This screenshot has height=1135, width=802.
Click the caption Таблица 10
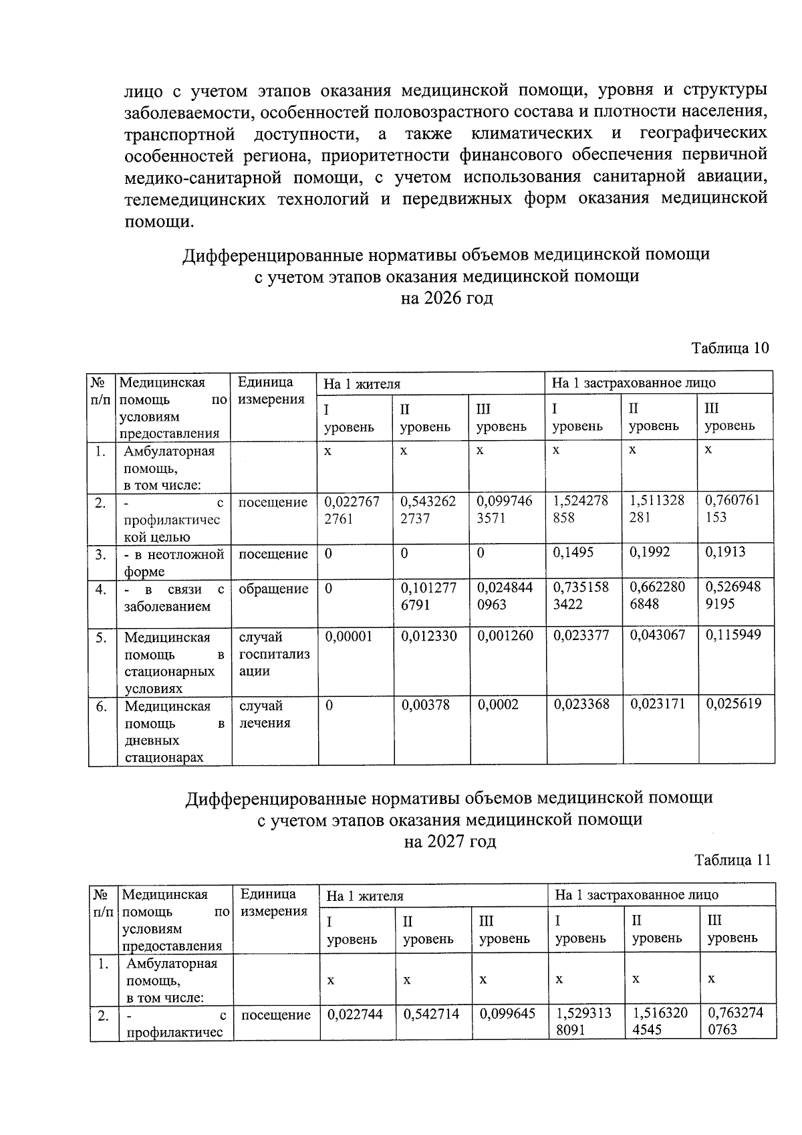point(730,348)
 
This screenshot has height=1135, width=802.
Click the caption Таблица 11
point(732,860)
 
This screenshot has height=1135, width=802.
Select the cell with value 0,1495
point(573,552)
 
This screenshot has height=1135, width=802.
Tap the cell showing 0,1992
point(650,552)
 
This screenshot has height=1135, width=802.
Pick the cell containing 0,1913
point(725,552)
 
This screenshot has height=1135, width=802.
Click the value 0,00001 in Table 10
point(348,636)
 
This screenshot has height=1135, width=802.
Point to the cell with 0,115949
point(733,635)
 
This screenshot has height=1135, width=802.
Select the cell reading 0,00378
point(425,704)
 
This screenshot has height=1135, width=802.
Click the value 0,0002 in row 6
point(497,704)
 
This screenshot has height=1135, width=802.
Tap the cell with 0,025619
point(733,704)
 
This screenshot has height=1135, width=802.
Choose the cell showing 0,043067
point(657,635)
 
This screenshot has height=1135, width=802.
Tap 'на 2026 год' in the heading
point(446,298)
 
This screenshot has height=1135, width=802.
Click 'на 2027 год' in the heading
point(450,841)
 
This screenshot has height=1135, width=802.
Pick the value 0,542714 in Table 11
point(431,1014)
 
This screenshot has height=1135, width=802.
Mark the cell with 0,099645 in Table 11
point(507,1014)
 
